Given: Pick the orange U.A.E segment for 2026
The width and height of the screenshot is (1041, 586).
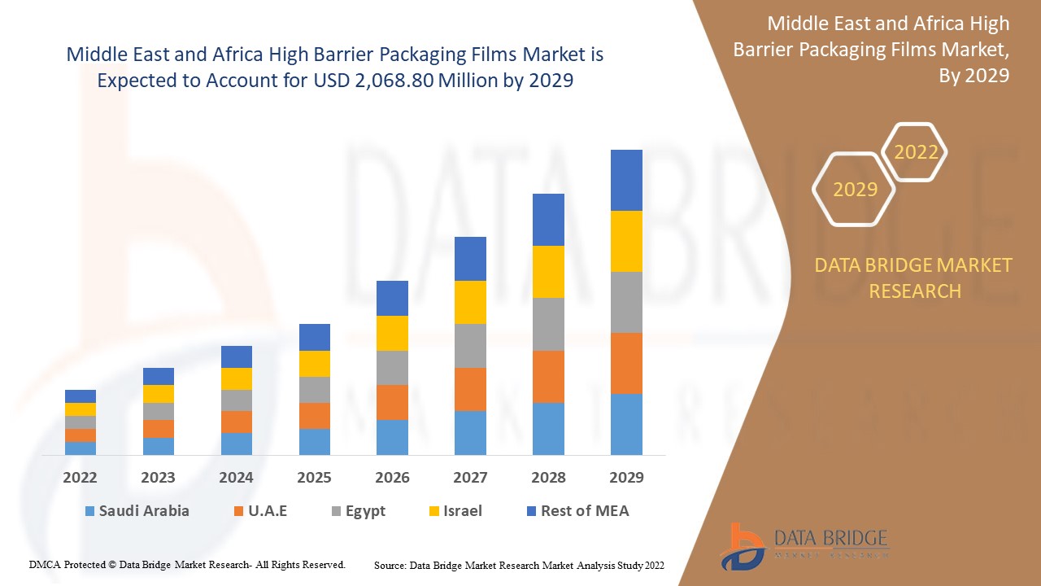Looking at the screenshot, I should click(392, 402).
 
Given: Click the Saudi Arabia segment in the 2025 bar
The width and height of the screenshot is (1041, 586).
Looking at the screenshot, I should click(315, 441).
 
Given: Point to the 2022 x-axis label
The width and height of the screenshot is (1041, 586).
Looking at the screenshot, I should click(80, 478).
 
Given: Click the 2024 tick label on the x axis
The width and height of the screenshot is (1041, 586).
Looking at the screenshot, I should click(236, 478).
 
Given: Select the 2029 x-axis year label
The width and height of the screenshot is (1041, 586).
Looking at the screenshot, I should click(626, 478).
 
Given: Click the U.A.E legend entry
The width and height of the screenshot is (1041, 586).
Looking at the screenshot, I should click(260, 511).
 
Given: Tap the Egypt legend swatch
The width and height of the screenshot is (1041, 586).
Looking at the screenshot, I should click(337, 512).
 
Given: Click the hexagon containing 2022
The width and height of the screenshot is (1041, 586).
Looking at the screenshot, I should click(916, 152).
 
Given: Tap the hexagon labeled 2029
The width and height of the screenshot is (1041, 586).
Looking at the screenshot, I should click(855, 190).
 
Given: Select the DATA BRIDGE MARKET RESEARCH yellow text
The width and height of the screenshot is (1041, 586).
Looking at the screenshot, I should click(913, 278).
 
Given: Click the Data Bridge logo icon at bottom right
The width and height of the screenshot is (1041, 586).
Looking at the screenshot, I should click(742, 545).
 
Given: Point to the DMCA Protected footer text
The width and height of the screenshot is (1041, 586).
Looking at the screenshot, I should click(187, 564).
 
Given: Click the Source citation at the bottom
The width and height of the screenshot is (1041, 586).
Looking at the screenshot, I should click(519, 565).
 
